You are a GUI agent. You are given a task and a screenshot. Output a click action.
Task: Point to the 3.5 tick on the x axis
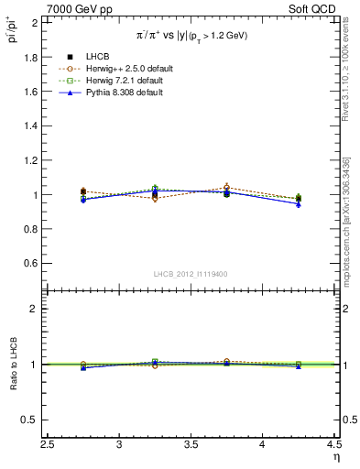point(191,445)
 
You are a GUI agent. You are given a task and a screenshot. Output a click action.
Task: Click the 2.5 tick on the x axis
point(48,445)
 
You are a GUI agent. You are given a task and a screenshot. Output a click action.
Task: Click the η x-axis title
point(334,457)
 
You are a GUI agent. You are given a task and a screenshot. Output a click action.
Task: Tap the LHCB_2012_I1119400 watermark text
point(191,274)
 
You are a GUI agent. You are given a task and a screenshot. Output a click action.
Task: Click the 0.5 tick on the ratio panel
point(30,420)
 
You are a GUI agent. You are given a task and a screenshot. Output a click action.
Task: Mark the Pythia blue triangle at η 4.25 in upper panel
point(298,204)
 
